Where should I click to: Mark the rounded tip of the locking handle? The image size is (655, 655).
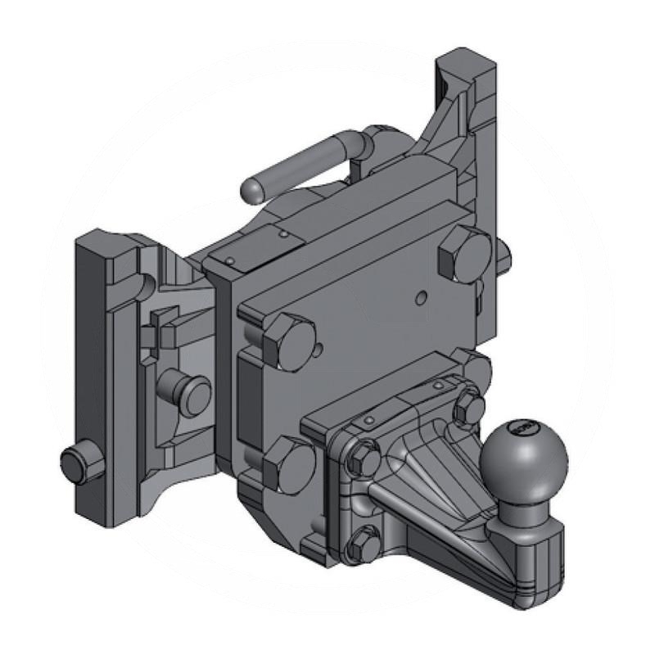tap(253, 192)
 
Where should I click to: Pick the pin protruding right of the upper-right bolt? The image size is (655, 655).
tap(504, 260)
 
